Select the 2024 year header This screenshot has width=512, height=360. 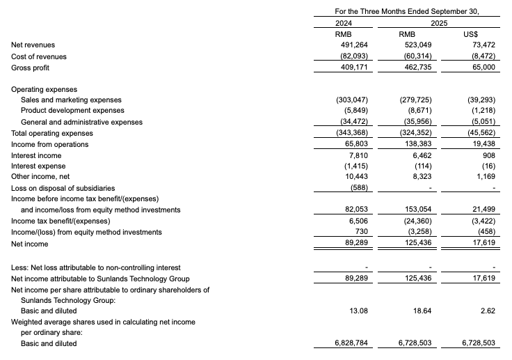point(344,23)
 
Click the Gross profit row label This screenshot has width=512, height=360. point(31,68)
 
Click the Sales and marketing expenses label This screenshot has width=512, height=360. point(71,100)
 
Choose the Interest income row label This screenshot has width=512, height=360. point(36,155)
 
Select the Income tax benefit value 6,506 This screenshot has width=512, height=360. point(357,221)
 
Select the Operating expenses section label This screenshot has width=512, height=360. point(45,89)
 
